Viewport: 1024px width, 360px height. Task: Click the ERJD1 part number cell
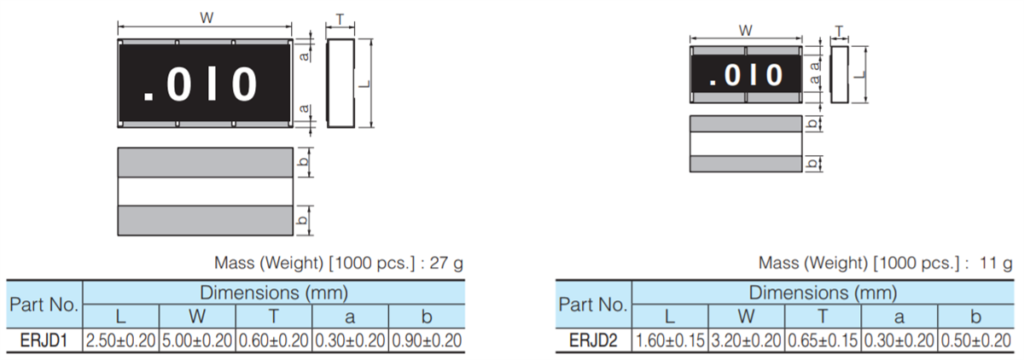44,340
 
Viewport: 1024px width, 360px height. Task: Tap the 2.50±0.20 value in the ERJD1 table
120,340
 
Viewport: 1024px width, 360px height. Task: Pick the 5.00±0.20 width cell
196,340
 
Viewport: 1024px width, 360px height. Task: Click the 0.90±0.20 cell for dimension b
426,340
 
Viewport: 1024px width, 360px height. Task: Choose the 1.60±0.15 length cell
671,340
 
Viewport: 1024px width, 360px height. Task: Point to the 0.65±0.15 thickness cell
823,340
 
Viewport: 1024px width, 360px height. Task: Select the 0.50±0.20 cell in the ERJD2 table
975,340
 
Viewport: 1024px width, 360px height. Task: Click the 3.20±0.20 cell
747,340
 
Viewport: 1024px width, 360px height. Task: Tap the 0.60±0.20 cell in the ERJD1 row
273,340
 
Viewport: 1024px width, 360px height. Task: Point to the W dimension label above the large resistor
206,18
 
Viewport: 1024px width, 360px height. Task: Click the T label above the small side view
840,30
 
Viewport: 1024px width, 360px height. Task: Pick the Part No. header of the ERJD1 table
44,305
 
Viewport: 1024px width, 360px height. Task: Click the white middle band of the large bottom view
206,192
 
